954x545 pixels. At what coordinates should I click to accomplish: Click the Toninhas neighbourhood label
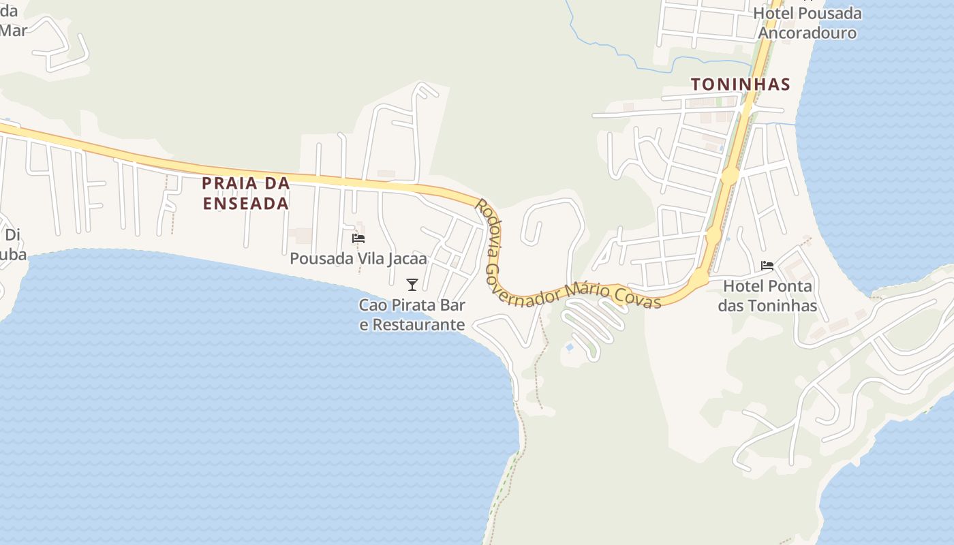740,84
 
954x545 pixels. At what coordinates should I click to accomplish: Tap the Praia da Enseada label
246,193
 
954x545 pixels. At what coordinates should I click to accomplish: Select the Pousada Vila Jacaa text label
358,259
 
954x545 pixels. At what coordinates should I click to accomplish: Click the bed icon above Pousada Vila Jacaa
358,238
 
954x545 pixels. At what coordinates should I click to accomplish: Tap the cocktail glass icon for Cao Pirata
412,284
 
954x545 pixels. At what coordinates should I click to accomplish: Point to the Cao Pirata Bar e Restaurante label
412,315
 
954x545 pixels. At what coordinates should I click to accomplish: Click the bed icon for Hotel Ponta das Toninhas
767,265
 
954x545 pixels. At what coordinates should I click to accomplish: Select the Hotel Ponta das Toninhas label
767,296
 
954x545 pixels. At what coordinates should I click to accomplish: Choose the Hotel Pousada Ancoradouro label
807,23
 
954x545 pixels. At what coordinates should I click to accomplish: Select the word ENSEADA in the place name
246,204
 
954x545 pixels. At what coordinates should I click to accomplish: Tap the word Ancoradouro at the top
807,33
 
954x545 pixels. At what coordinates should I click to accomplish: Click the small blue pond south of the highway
569,348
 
